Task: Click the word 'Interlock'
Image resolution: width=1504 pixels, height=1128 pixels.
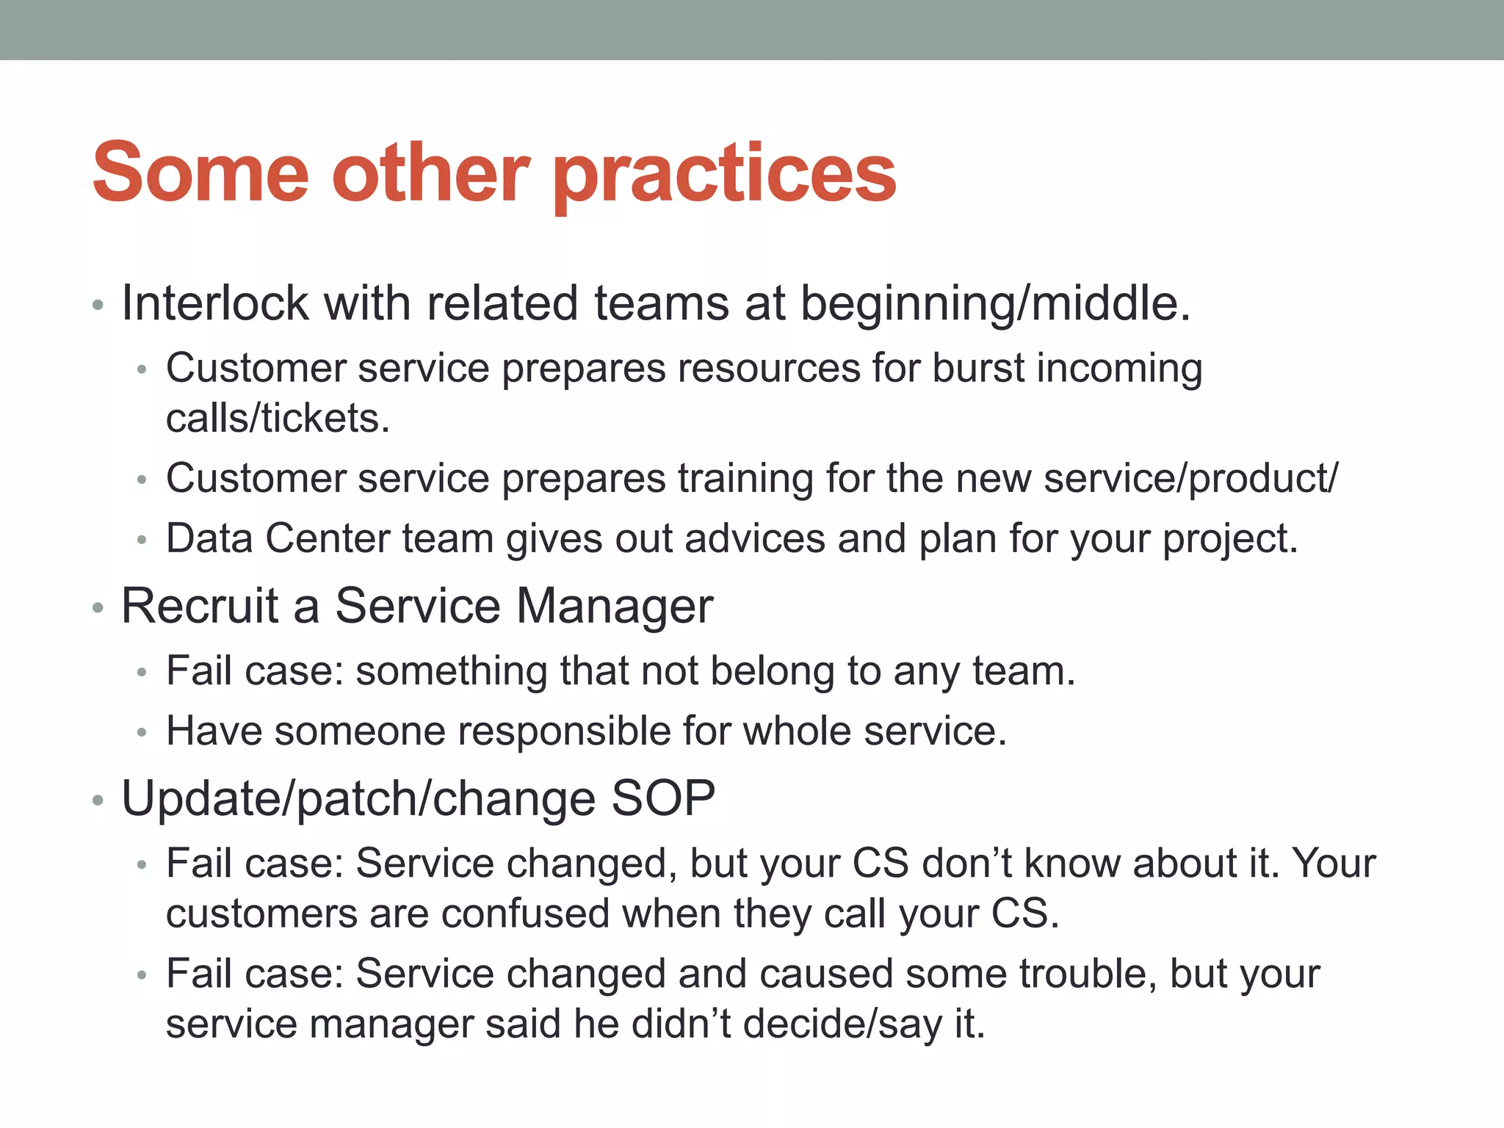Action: coord(214,303)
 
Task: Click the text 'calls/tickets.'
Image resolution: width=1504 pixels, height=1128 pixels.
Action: coord(278,419)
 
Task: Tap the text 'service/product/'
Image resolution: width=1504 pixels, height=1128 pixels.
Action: coord(1190,479)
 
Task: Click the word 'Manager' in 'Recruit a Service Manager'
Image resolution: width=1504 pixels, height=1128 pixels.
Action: coord(614,606)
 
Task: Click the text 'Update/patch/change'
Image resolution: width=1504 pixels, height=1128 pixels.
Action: coord(358,799)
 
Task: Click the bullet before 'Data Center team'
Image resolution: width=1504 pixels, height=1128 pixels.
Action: coord(142,540)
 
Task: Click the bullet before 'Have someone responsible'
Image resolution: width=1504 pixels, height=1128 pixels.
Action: coord(142,733)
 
